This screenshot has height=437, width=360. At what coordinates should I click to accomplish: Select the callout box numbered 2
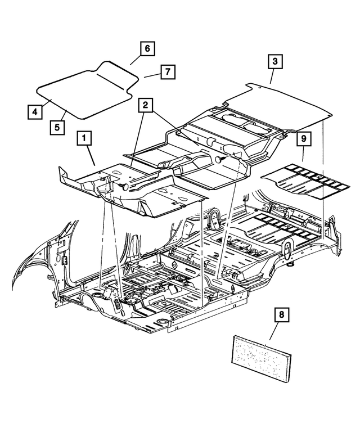coord(145,105)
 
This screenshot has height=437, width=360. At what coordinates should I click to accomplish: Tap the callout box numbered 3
coord(274,61)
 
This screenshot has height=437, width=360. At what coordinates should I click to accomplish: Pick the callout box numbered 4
coord(34,112)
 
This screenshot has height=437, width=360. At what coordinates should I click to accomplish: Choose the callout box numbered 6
coord(146,49)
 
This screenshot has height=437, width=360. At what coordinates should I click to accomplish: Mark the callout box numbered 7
coord(167,72)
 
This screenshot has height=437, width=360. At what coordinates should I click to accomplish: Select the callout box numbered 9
coord(303,138)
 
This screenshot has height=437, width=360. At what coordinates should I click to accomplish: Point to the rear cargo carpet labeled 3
coord(281,107)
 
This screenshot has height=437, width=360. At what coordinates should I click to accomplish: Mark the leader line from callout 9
coord(303,156)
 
